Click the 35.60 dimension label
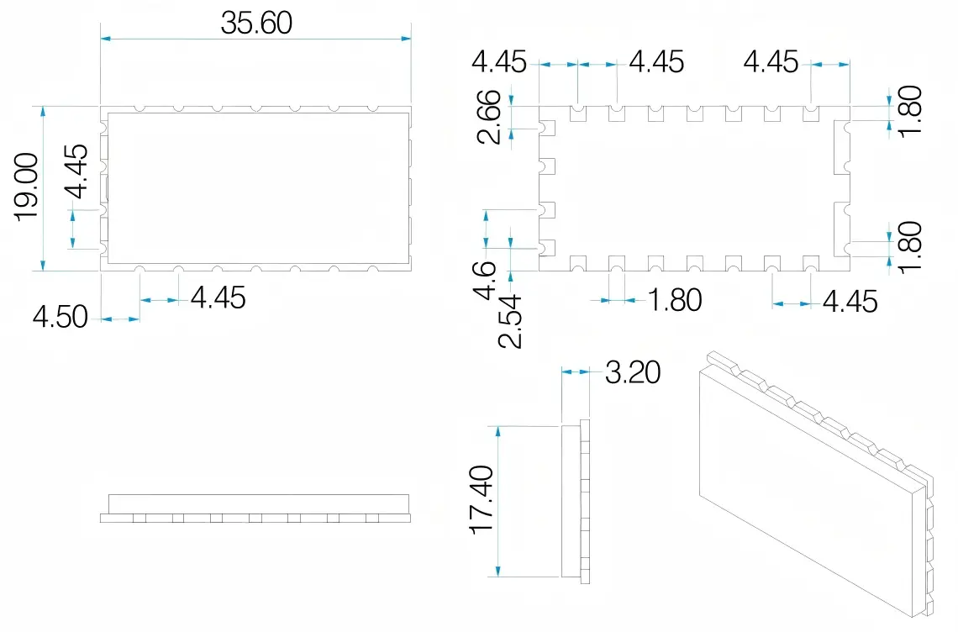point(256,23)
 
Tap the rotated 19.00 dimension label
point(27,187)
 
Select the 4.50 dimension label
point(60,317)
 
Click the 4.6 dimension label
point(485,280)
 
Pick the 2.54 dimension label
point(510,322)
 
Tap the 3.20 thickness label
point(633,371)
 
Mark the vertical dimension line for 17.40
point(498,501)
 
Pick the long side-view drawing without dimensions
point(255,508)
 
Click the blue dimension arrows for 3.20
point(576,371)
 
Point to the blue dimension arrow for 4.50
point(120,319)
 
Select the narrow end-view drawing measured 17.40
point(575,501)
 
